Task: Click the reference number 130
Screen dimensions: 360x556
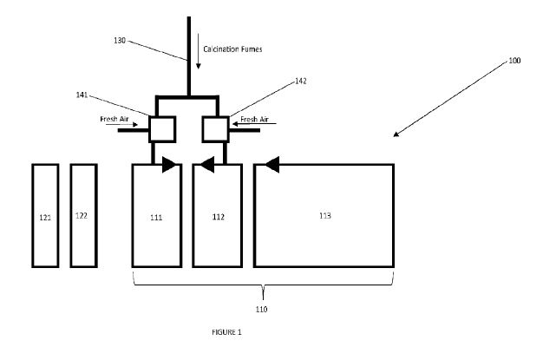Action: click(x=121, y=40)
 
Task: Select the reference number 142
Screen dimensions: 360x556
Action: click(x=301, y=81)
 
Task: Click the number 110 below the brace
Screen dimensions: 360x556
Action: click(x=261, y=309)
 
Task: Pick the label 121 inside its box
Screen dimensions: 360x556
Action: click(x=45, y=217)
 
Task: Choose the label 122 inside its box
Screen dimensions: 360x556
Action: click(x=82, y=215)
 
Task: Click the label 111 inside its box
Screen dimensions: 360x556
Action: click(x=156, y=216)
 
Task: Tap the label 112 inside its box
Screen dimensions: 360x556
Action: click(x=219, y=216)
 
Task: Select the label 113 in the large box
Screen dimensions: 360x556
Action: click(x=324, y=214)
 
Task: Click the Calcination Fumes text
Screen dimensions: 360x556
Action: click(x=232, y=49)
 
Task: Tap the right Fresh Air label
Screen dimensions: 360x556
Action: click(x=255, y=119)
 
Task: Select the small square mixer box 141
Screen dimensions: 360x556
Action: click(x=162, y=129)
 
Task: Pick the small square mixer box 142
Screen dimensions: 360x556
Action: click(x=214, y=129)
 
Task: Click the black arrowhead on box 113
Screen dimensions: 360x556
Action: click(x=272, y=164)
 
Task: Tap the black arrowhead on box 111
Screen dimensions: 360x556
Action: click(x=167, y=164)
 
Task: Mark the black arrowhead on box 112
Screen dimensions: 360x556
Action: click(x=207, y=164)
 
